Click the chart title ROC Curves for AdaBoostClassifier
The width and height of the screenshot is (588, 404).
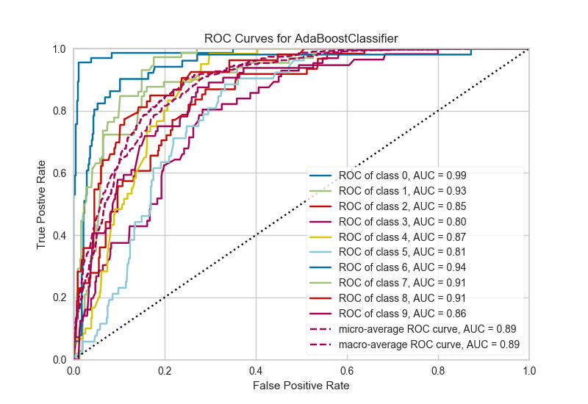[301, 37]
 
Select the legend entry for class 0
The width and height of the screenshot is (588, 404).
[402, 176]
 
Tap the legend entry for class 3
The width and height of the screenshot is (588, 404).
[402, 221]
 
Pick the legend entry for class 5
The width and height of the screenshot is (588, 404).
[402, 251]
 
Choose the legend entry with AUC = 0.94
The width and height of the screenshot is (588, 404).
[402, 267]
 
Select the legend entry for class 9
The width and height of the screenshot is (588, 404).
[402, 312]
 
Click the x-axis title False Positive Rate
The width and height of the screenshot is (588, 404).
[301, 385]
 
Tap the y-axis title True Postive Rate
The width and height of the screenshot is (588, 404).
[43, 204]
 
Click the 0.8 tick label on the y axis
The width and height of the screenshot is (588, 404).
[60, 112]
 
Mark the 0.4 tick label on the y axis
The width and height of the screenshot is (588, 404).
[60, 236]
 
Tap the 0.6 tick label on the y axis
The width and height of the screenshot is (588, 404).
[60, 173]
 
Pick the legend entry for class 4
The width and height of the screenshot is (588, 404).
[402, 237]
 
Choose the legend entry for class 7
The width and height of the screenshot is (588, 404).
[402, 281]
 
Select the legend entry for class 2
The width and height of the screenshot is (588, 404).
[402, 206]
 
